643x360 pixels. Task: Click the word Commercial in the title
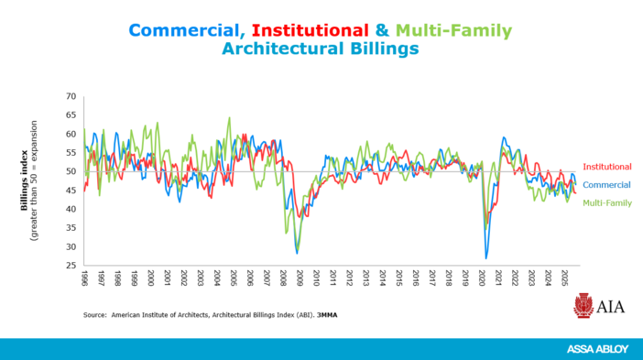tap(181, 30)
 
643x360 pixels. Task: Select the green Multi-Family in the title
tap(454, 30)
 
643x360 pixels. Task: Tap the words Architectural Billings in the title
tap(321, 49)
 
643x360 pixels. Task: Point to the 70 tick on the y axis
tap(70, 96)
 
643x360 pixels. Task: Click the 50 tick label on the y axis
tap(70, 171)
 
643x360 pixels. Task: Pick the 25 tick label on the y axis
tap(70, 266)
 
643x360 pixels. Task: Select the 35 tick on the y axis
tap(70, 228)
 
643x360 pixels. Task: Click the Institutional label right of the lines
tap(606, 167)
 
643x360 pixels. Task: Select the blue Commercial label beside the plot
tap(606, 185)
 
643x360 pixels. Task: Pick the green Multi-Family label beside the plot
tap(606, 202)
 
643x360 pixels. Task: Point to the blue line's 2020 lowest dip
tap(486, 257)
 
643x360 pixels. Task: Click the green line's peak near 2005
tap(229, 118)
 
